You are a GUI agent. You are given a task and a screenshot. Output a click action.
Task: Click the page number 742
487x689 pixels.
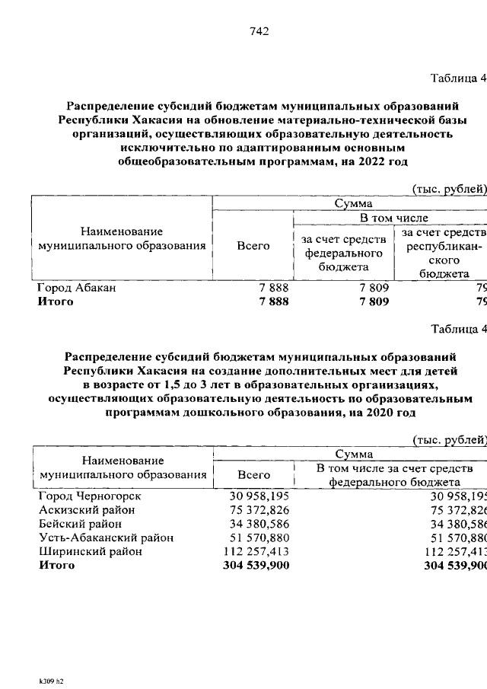point(258,31)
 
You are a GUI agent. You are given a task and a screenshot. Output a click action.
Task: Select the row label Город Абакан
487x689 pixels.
point(77,289)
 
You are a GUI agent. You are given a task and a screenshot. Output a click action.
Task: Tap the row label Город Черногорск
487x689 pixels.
point(90,496)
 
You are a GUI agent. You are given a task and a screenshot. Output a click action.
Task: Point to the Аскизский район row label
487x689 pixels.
point(86,510)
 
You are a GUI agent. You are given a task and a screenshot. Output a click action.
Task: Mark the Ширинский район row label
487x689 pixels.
point(89,551)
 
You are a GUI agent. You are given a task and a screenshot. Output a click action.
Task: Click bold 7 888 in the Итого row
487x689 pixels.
point(273,302)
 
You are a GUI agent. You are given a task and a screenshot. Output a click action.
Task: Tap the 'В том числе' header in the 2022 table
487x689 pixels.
point(389,219)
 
